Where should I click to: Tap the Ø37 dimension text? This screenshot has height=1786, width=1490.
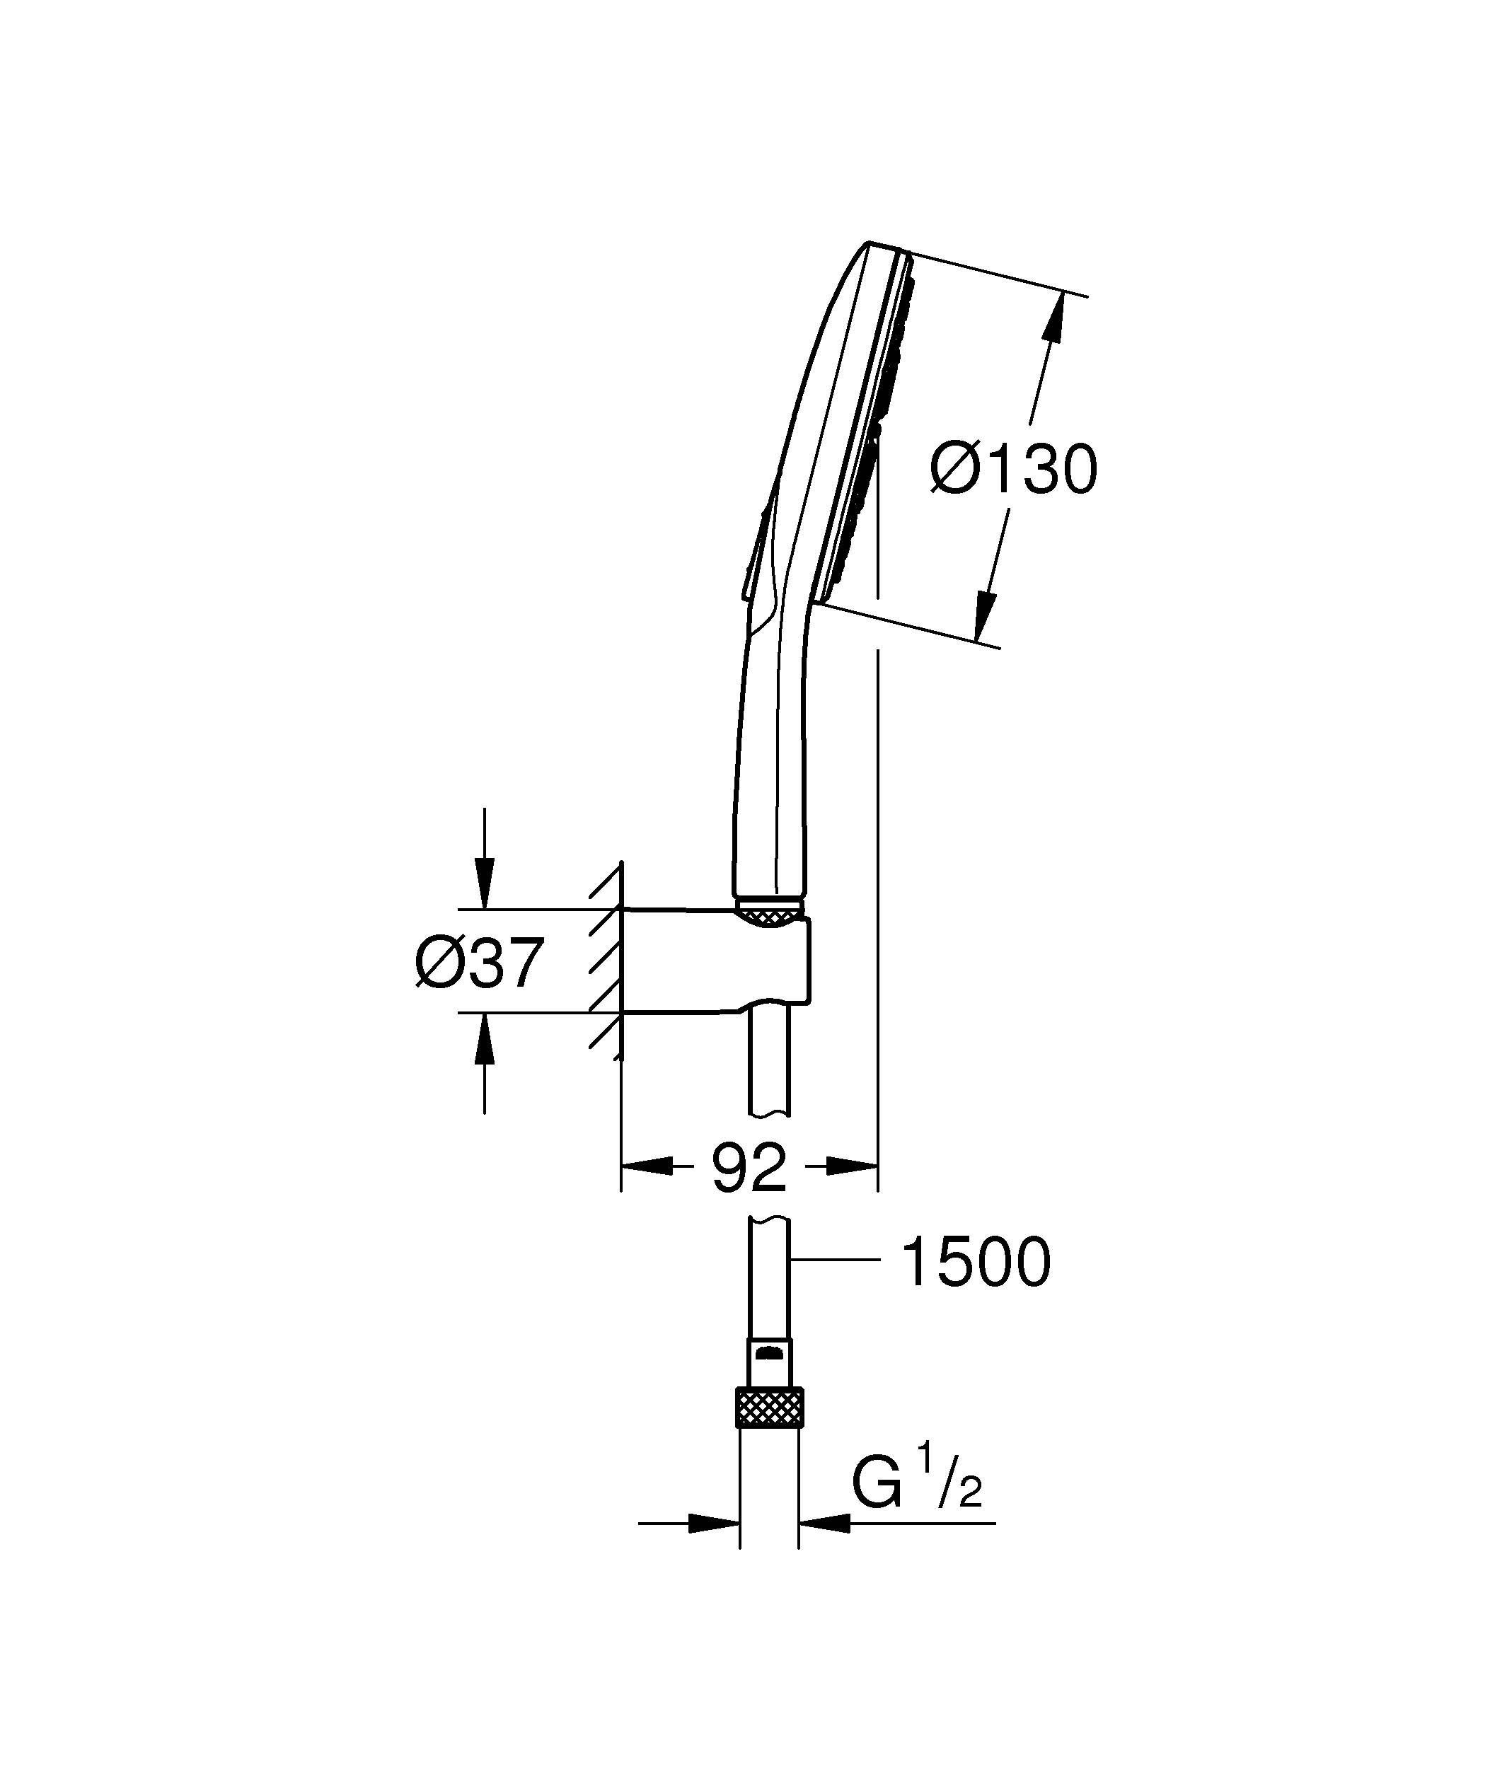(x=479, y=963)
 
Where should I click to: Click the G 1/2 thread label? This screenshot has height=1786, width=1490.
(x=917, y=1486)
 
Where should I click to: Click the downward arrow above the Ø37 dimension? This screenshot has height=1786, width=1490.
(x=484, y=884)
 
